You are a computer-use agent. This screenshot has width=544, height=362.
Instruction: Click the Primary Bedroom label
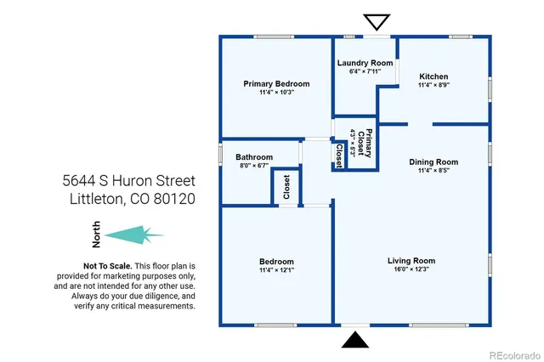click(276, 84)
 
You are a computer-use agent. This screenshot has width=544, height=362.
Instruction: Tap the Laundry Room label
click(365, 64)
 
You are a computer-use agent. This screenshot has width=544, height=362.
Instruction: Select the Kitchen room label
click(433, 76)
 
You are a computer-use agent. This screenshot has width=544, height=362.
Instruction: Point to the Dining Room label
click(433, 161)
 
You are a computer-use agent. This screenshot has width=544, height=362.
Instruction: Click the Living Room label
click(411, 261)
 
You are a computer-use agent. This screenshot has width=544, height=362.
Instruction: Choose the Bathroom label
click(254, 157)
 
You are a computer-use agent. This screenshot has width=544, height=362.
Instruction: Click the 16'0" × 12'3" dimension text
click(411, 270)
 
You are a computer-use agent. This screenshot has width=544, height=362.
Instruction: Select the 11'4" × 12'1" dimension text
click(276, 270)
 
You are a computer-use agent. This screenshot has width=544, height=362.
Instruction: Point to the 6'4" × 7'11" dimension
click(365, 72)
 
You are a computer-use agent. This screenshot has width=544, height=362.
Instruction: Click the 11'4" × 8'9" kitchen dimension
click(433, 85)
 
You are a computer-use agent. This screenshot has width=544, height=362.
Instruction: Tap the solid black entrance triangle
click(354, 341)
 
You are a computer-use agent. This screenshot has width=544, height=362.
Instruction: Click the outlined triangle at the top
click(374, 22)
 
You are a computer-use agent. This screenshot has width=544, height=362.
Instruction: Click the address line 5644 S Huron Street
click(128, 181)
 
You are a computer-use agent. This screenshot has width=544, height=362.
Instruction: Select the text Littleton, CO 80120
click(128, 200)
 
